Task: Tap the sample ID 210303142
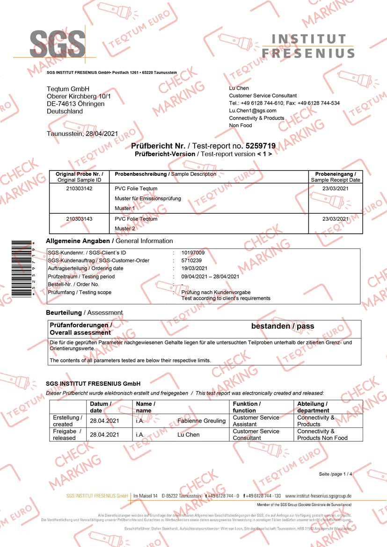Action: click(x=79, y=188)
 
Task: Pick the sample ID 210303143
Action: click(x=79, y=219)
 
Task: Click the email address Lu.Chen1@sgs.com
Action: click(x=253, y=111)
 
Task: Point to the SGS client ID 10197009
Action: click(x=193, y=253)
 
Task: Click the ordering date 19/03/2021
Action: click(x=194, y=268)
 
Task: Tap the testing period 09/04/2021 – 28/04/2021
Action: click(x=210, y=276)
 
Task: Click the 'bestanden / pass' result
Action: click(x=283, y=326)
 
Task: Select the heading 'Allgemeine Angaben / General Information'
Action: click(x=110, y=241)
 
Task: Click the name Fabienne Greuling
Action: click(x=202, y=421)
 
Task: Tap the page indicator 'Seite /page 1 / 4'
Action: click(x=336, y=474)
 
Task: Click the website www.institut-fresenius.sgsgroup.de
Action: click(x=318, y=496)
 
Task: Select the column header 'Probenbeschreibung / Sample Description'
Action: click(x=165, y=174)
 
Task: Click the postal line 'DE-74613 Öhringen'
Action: click(x=75, y=104)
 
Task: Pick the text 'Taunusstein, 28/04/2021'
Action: click(x=82, y=134)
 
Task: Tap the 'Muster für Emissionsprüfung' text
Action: click(x=148, y=199)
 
